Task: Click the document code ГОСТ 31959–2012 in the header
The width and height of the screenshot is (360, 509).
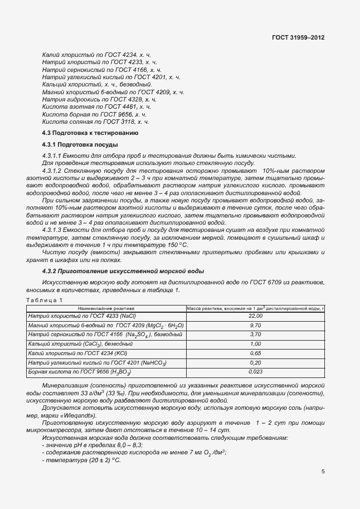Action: point(298,37)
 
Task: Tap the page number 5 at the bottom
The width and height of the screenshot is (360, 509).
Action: point(323,471)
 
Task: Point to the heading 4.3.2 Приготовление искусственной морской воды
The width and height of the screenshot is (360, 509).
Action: point(123,271)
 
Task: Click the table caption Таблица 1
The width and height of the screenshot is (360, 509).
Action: point(45,300)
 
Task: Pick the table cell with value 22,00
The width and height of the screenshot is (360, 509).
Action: point(256,316)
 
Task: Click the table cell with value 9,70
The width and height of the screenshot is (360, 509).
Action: point(256,325)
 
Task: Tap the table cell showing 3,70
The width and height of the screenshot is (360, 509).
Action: point(256,335)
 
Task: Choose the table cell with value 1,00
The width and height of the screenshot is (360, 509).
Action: point(256,344)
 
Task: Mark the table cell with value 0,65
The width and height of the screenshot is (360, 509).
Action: point(256,353)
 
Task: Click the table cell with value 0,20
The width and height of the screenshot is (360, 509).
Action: point(256,362)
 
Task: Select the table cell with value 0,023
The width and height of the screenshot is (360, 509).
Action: point(256,372)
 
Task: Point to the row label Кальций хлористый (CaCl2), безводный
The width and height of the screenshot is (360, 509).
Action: point(85,344)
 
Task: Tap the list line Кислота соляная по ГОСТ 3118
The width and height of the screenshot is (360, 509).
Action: point(95,121)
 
